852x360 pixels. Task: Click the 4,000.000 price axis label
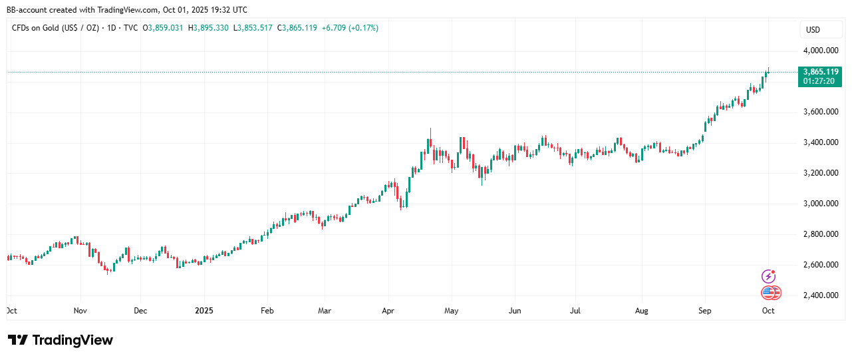[x=821, y=51]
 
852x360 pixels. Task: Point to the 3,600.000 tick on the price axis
[x=821, y=112]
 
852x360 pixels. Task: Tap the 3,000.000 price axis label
[x=821, y=204]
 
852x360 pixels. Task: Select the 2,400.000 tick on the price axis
[x=821, y=295]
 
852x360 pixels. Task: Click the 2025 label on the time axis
[x=204, y=311]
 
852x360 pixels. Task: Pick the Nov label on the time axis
[x=80, y=311]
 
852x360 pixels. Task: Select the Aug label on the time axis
[x=641, y=311]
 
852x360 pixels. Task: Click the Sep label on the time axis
[x=705, y=311]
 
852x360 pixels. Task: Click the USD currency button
[x=813, y=30]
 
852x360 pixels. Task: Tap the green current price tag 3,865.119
[x=821, y=71]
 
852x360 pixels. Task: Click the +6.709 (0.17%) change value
[x=350, y=28]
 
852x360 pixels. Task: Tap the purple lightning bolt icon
[x=768, y=276]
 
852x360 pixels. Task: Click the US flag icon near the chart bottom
[x=770, y=293]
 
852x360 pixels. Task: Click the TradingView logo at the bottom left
[x=61, y=340]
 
